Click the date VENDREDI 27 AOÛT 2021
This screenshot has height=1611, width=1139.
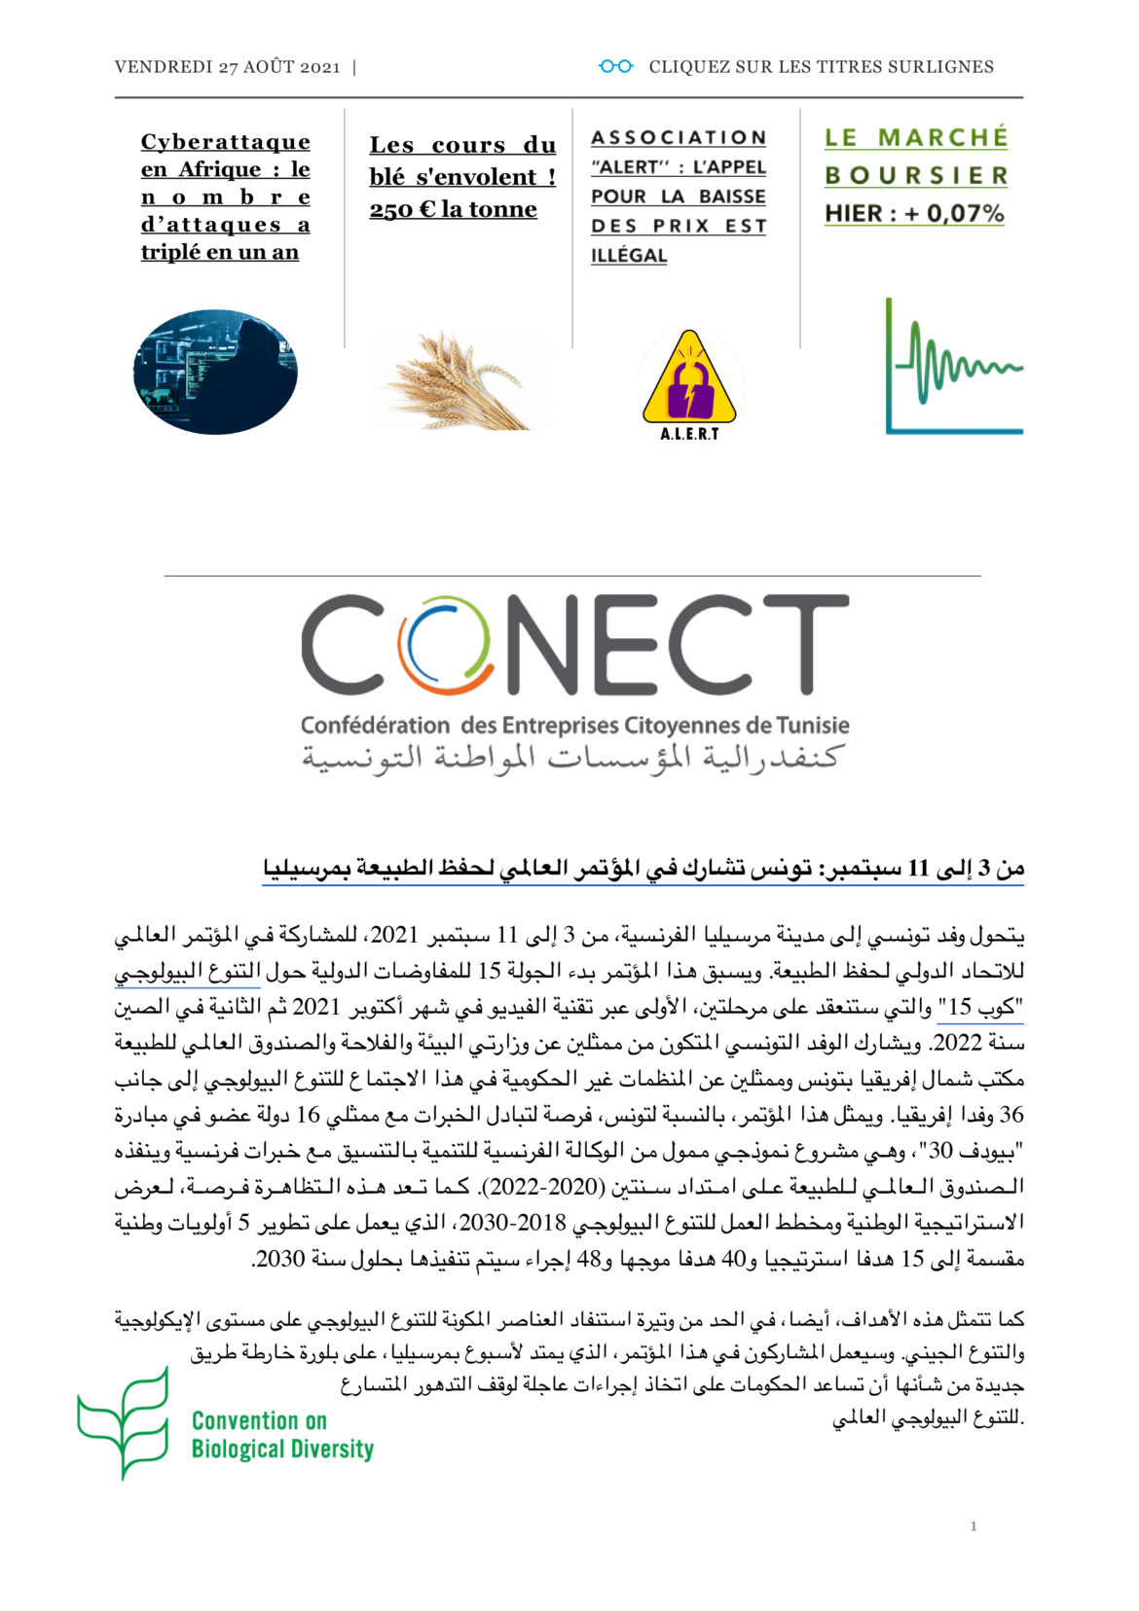point(227,67)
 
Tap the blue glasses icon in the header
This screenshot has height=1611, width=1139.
point(615,66)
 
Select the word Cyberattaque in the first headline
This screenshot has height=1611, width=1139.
point(225,142)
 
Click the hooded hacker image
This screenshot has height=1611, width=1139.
point(215,372)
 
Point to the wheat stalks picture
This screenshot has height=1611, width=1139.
point(459,380)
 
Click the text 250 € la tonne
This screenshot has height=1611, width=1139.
point(453,209)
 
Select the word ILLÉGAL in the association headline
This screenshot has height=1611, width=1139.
point(629,256)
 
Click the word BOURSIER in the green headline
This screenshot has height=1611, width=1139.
point(916,176)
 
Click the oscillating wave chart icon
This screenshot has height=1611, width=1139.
point(953,366)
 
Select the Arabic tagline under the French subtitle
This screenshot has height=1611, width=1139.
point(570,757)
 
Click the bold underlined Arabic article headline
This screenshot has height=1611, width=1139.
point(643,869)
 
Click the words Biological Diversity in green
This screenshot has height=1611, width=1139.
point(282,1450)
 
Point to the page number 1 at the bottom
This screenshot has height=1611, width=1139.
point(974,1525)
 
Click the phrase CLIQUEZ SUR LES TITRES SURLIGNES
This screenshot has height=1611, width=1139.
point(821,67)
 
